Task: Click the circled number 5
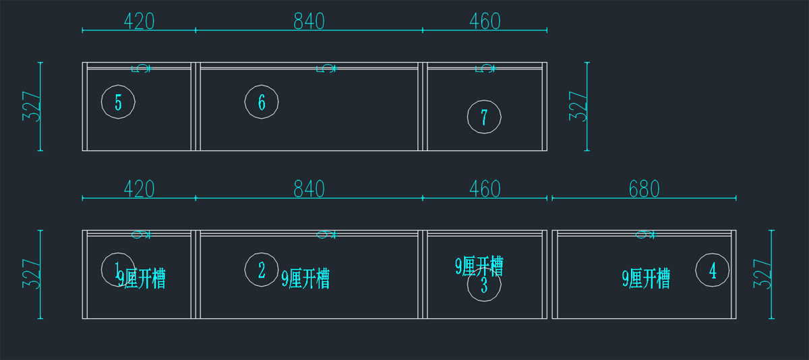pyautogui.click(x=119, y=102)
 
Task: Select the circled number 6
pyautogui.click(x=262, y=102)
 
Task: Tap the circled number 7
pyautogui.click(x=484, y=117)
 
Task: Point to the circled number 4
pyautogui.click(x=713, y=270)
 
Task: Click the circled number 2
pyautogui.click(x=262, y=270)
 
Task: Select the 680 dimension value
pyautogui.click(x=644, y=189)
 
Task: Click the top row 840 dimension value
pyautogui.click(x=309, y=22)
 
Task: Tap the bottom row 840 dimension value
pyautogui.click(x=309, y=189)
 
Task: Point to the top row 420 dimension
pyautogui.click(x=139, y=22)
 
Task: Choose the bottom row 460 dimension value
pyautogui.click(x=485, y=189)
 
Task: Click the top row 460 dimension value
pyautogui.click(x=485, y=22)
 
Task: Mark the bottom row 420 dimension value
pyautogui.click(x=139, y=189)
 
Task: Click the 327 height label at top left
pyautogui.click(x=32, y=106)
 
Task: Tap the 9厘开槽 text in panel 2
pyautogui.click(x=305, y=278)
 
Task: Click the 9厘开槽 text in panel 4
pyautogui.click(x=646, y=278)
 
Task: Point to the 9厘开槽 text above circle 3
pyautogui.click(x=479, y=266)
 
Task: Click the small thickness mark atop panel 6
pyautogui.click(x=326, y=68)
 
